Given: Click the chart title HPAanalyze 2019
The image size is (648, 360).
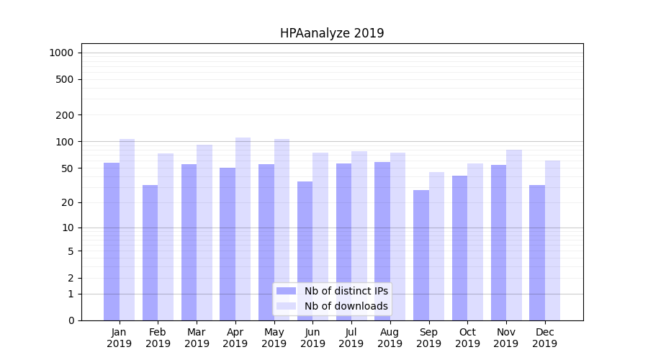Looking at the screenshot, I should click(x=332, y=34).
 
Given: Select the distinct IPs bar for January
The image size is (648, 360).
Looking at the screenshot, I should click(x=112, y=241).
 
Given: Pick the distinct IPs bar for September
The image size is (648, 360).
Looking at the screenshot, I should click(x=421, y=255).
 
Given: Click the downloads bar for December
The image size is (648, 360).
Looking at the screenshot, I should click(x=552, y=240).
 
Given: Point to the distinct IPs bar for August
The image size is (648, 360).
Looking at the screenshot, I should click(x=382, y=241).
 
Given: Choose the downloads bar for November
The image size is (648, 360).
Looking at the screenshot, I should click(x=514, y=235).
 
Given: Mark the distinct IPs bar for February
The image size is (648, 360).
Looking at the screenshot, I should click(x=150, y=253).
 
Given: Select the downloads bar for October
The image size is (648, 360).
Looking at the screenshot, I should click(x=475, y=242).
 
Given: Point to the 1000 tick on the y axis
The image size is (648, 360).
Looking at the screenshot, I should click(x=61, y=53).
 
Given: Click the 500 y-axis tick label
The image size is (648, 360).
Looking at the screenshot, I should click(x=65, y=79).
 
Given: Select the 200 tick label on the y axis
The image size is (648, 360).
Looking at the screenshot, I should click(x=65, y=115).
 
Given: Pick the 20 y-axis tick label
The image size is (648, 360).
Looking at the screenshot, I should click(x=68, y=202).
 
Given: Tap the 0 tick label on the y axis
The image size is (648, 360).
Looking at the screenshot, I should click(x=71, y=320).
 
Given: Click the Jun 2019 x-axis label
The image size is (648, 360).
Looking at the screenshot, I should click(x=312, y=338).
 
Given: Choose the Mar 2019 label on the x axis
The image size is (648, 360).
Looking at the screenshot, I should click(x=197, y=338).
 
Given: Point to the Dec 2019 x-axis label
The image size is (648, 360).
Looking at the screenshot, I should click(x=544, y=338).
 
